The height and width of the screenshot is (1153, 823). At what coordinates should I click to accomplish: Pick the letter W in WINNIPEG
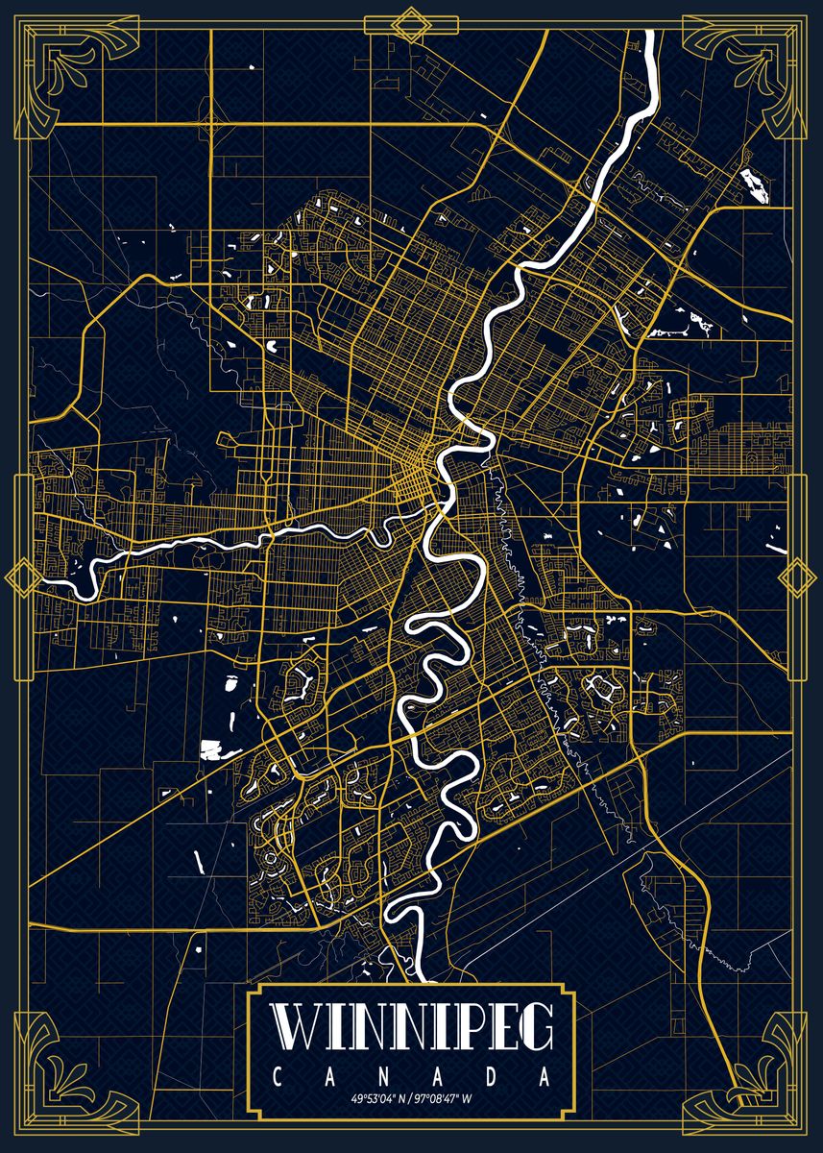(295, 1056)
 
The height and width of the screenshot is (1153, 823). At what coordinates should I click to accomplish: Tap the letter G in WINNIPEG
(535, 1056)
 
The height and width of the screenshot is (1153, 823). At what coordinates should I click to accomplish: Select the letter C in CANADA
(278, 1098)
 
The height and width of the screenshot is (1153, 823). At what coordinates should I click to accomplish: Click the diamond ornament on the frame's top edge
(412, 23)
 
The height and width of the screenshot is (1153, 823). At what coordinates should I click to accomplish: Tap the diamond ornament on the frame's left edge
(18, 576)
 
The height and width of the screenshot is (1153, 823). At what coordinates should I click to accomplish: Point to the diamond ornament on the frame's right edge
(796, 576)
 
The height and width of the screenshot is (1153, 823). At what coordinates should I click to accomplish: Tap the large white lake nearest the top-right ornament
(757, 185)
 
